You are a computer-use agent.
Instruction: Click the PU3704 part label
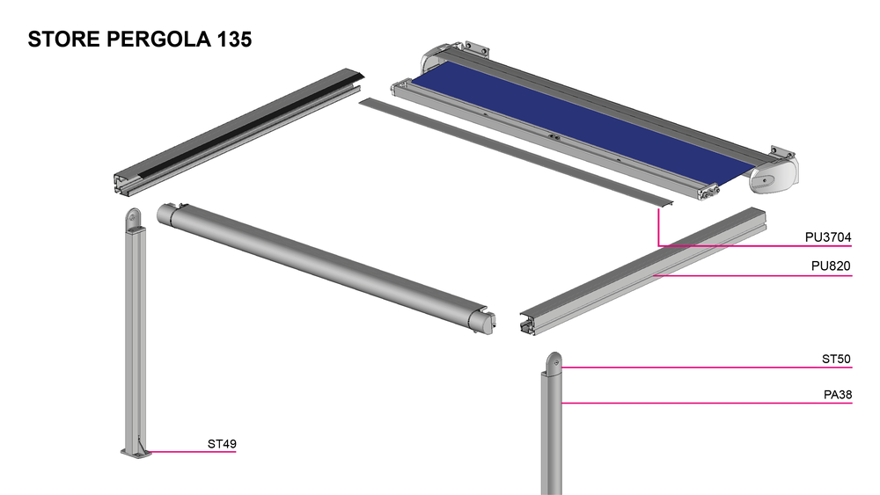coord(828,237)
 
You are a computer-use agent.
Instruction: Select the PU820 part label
coord(831,266)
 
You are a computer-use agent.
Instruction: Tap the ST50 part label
coord(836,359)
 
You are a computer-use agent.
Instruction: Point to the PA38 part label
coord(838,395)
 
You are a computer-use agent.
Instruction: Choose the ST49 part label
coord(222,443)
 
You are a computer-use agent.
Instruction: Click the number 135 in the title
coord(234,40)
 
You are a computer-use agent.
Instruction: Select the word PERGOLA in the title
coord(158,40)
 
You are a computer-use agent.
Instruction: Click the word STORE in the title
coord(64,40)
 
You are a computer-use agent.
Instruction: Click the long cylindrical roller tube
coord(326,268)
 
